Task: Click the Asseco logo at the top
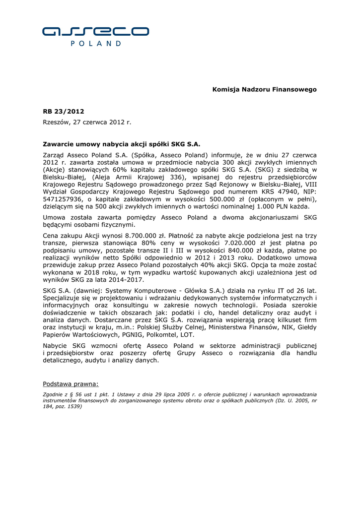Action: pos(95,31)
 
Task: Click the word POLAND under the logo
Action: pos(95,44)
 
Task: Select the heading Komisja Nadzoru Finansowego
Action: pos(264,89)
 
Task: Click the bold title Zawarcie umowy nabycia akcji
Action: pos(121,144)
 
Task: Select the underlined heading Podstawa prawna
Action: pos(71,383)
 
